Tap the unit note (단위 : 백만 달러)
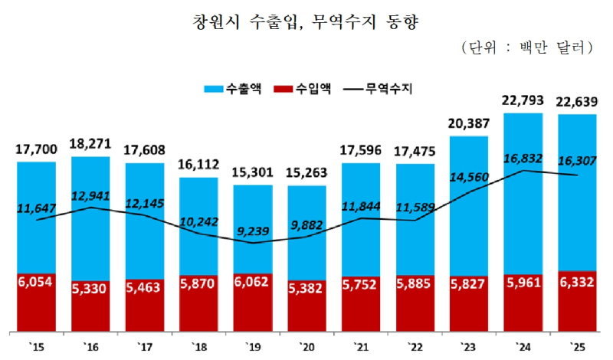tap(529, 47)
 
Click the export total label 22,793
tap(523, 101)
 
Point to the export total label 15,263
tap(306, 173)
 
